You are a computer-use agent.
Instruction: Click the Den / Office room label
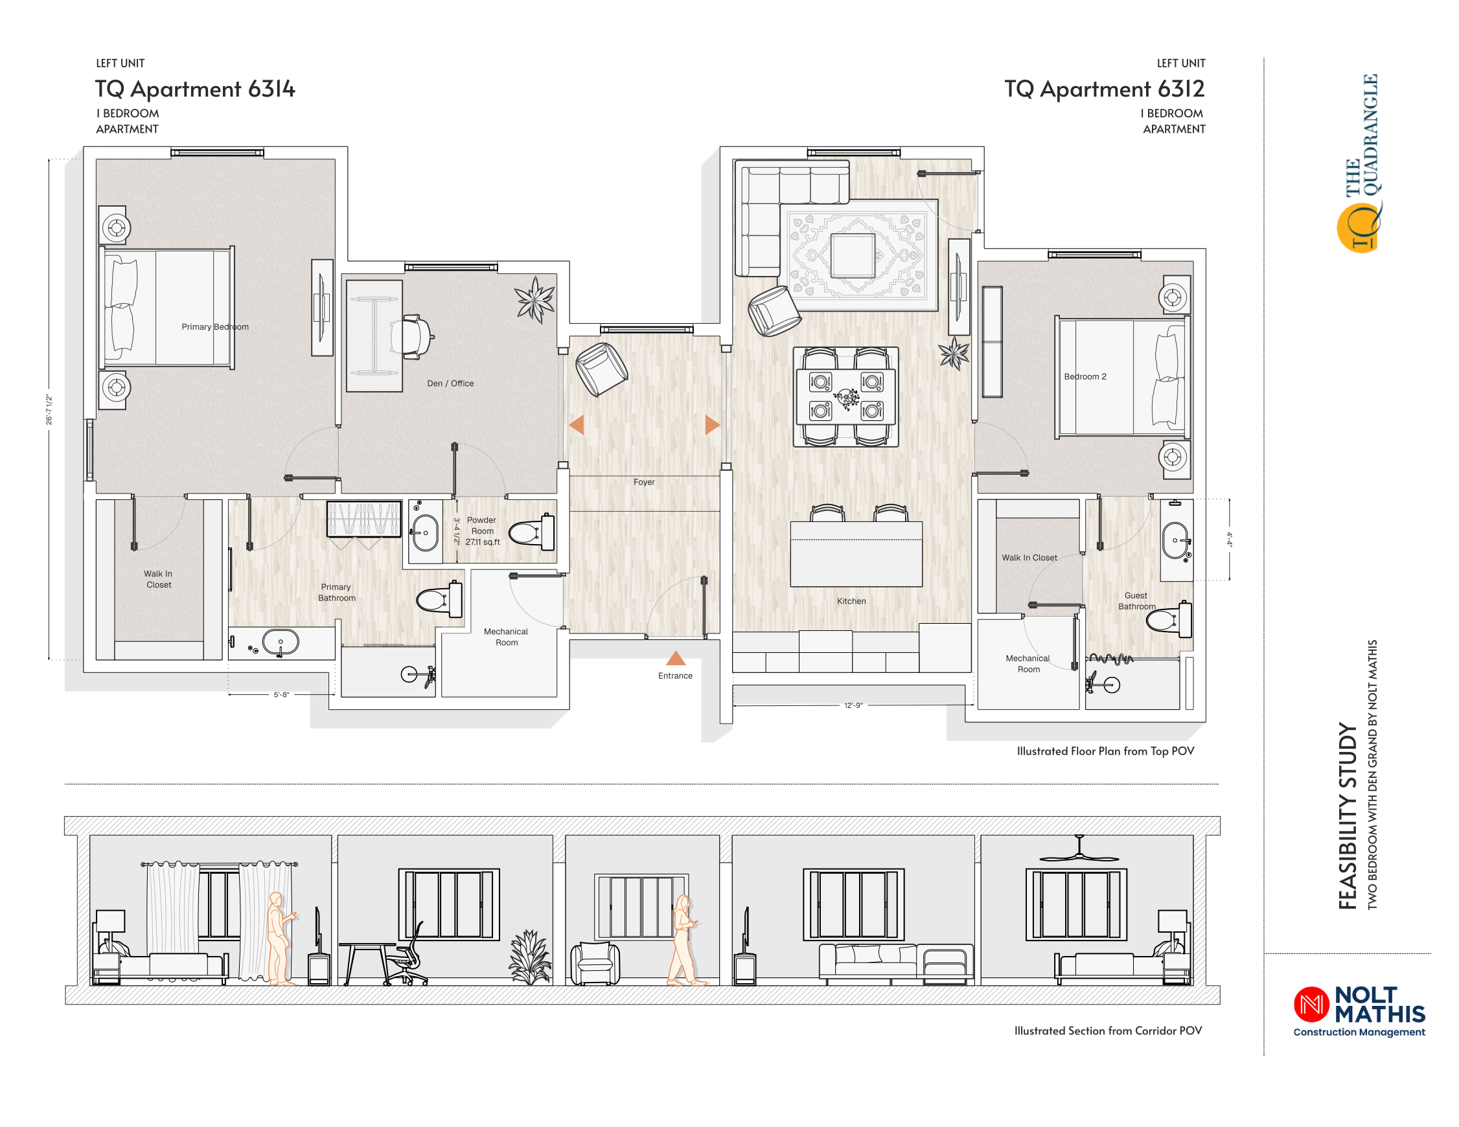point(450,383)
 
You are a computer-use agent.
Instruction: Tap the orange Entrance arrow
point(675,658)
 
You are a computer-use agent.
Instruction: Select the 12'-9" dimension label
point(853,705)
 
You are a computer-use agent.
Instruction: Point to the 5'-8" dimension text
point(281,695)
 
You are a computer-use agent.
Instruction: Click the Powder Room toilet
point(532,532)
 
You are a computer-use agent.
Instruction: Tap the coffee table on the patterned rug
point(853,256)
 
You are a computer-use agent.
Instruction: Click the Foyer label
point(644,482)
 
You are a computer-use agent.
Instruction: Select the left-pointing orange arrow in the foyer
point(577,425)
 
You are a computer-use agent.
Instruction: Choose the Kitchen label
point(851,601)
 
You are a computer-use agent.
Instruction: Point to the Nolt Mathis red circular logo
point(1311,1004)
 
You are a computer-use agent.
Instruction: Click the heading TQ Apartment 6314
point(195,89)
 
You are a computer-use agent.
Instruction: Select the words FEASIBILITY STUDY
point(1348,815)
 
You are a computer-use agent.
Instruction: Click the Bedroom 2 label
point(1085,377)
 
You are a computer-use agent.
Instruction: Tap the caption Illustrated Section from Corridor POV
point(1108,1030)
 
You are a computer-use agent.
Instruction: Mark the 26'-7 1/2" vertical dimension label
point(49,409)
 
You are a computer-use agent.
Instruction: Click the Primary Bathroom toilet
point(439,598)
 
